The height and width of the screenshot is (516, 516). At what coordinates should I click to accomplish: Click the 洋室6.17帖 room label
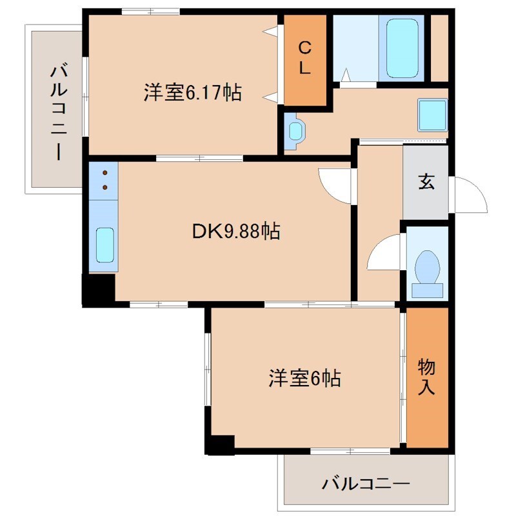point(192,93)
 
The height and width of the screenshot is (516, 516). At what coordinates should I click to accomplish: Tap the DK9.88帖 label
point(235,231)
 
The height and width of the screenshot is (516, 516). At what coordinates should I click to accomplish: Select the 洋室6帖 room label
point(304,379)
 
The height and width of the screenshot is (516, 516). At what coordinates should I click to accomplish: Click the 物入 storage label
point(426,377)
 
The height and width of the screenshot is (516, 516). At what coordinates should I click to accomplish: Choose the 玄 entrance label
point(426,182)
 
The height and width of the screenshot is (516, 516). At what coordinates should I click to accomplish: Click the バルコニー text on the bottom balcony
point(366,483)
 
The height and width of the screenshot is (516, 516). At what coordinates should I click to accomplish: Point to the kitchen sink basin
point(104,245)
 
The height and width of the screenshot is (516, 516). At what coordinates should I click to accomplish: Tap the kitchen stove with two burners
point(104,181)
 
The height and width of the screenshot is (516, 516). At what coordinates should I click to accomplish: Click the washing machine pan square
point(432,114)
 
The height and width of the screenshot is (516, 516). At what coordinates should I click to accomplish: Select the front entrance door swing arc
point(470,193)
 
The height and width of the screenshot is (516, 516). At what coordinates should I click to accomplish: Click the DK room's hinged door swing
point(335,185)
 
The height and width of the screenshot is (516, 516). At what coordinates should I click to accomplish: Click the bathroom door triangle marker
point(346,76)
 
